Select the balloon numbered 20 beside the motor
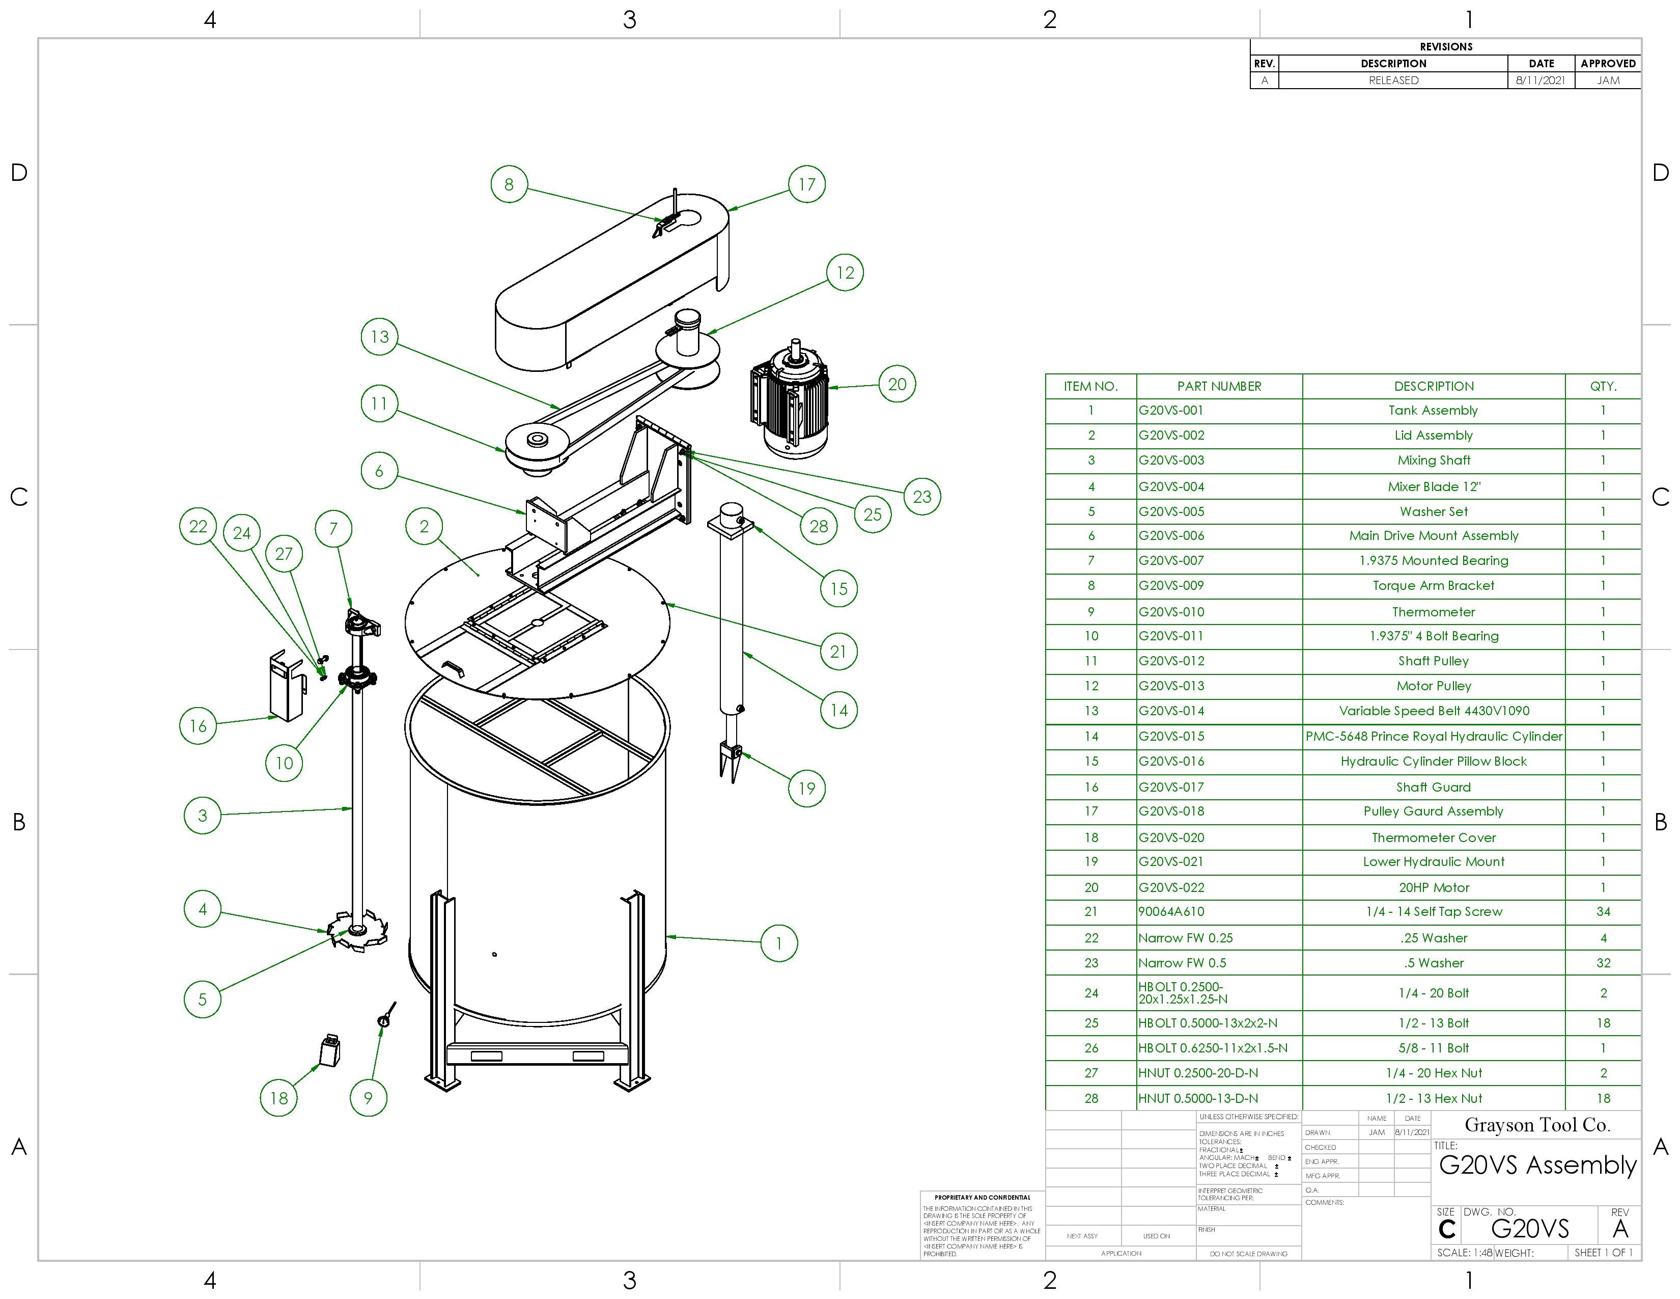[897, 384]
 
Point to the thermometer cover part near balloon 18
[329, 1050]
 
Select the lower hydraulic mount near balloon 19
[729, 758]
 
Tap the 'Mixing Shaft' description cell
[1433, 460]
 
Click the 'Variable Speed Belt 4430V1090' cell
[1433, 711]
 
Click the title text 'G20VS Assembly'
[1537, 1165]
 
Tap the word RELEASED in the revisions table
[1392, 80]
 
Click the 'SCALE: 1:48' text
[1464, 1253]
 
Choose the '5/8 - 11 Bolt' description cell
[1433, 1048]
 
